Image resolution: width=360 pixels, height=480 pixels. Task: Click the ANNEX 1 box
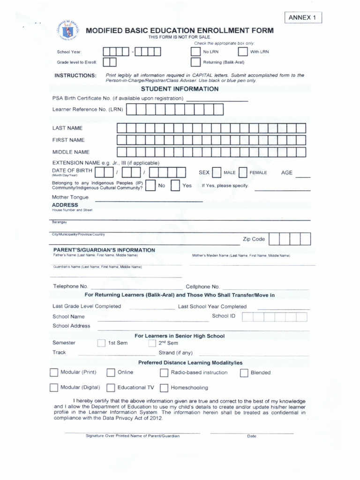303,18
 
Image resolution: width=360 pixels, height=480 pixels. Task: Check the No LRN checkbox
195,52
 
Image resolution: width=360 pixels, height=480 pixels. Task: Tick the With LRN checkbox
242,52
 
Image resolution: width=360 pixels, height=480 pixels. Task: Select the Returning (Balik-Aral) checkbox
195,62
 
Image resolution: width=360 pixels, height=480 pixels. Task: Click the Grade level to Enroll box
110,62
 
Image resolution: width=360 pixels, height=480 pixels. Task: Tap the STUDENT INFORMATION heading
180,89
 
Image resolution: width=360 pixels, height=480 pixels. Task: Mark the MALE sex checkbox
217,172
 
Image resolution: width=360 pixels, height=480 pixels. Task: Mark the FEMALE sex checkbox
243,172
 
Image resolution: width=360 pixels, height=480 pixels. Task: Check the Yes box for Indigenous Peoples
175,186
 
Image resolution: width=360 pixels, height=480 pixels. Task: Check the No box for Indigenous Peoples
150,186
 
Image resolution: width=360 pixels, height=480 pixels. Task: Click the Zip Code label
254,239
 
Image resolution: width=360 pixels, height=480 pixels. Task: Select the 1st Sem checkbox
101,343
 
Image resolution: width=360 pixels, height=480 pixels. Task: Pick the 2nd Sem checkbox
152,343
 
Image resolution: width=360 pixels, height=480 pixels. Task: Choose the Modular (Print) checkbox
53,373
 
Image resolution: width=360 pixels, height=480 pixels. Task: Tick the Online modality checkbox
111,373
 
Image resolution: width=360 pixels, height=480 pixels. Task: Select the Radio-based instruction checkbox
164,373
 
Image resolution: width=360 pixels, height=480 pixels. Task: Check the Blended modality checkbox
244,373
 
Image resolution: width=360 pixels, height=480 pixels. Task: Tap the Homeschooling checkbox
164,388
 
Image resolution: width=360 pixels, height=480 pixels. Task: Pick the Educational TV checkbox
111,388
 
